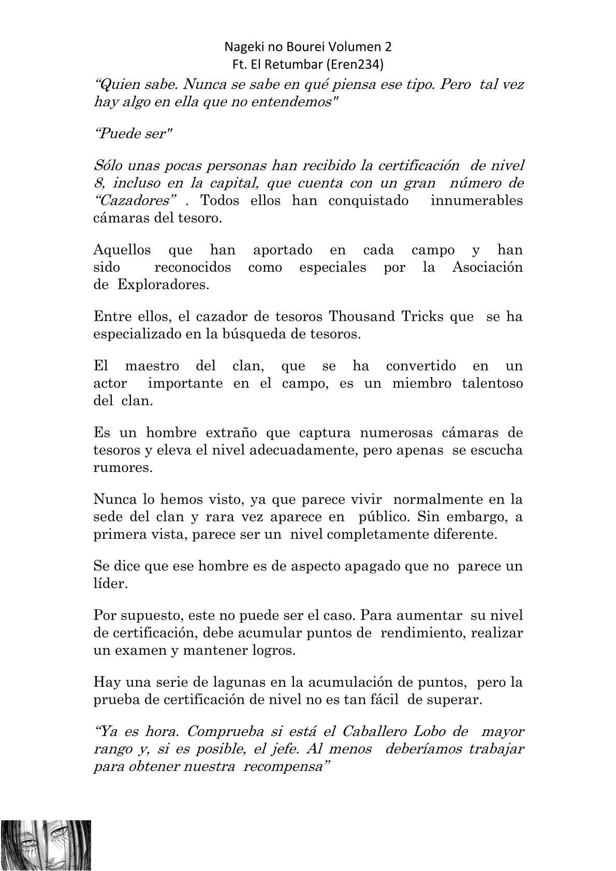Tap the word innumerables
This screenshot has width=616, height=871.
[x=476, y=200]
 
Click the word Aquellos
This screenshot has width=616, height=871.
[x=122, y=250]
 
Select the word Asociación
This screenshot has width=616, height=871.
[x=487, y=268]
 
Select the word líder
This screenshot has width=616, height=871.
[x=110, y=583]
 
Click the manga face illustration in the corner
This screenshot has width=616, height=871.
[x=46, y=845]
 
